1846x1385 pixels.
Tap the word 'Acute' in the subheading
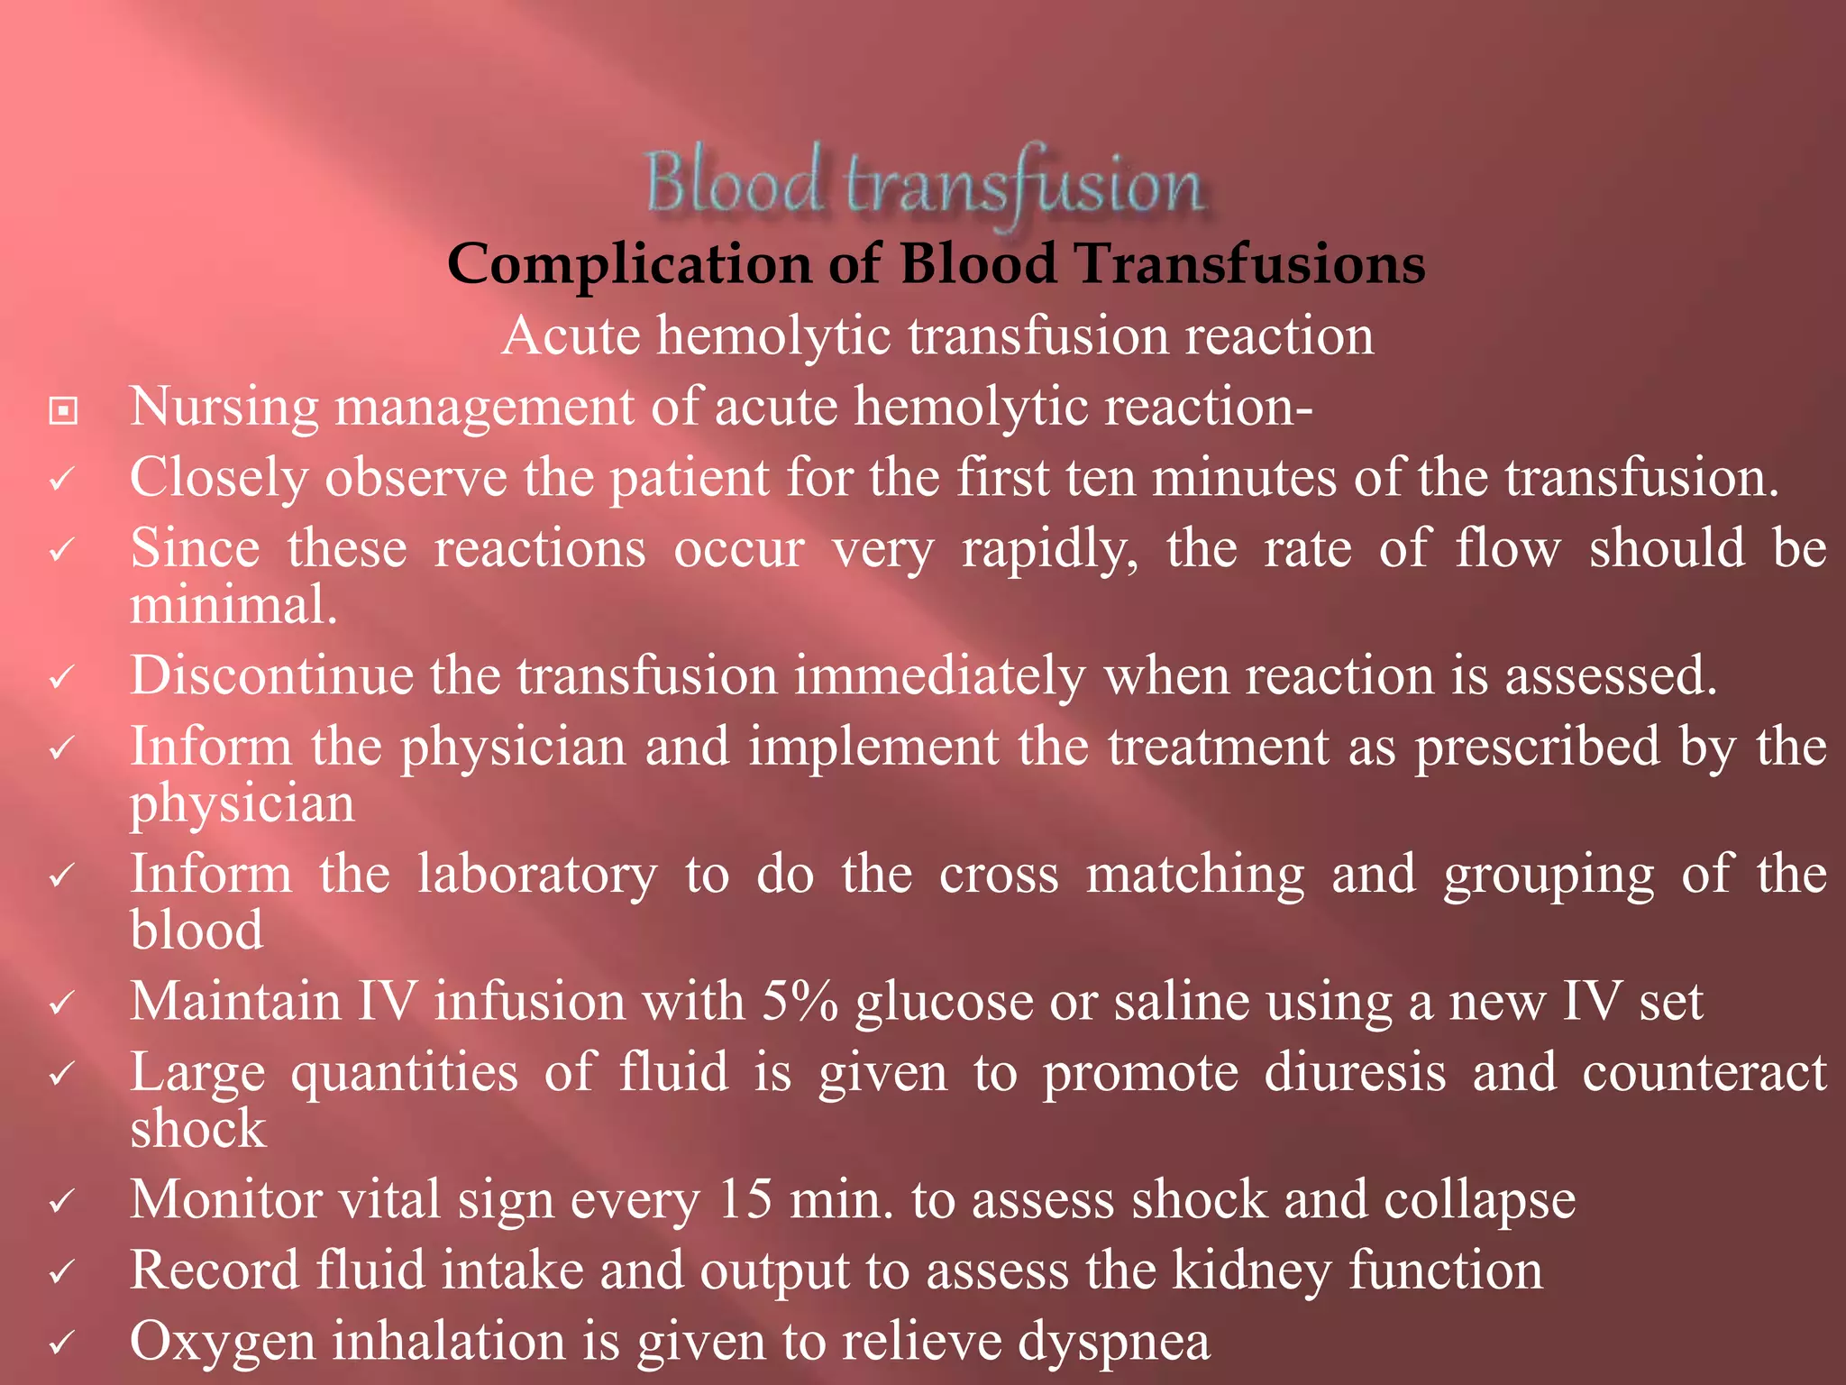(x=571, y=336)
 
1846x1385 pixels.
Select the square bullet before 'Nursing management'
(x=63, y=411)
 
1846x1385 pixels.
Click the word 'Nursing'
(x=224, y=408)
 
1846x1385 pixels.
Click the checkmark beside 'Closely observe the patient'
(x=61, y=479)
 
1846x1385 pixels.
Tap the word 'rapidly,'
(x=1050, y=549)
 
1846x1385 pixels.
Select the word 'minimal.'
(x=233, y=605)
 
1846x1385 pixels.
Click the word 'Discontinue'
(x=271, y=675)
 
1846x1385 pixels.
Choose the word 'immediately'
(x=939, y=677)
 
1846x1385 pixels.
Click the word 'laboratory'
(x=537, y=875)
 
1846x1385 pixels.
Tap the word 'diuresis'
(x=1355, y=1073)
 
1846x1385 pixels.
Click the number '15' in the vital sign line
(x=745, y=1200)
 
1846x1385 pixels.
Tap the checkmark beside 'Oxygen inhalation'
(x=61, y=1344)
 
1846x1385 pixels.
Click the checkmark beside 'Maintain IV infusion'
(x=61, y=1003)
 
